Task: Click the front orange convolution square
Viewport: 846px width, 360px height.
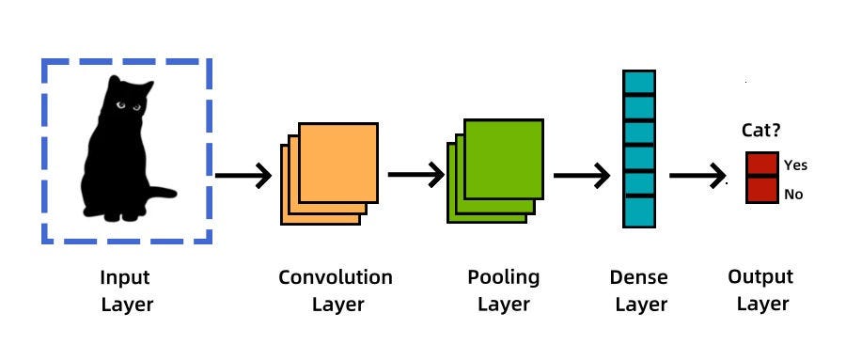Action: [338, 162]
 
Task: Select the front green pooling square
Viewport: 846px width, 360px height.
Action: [504, 158]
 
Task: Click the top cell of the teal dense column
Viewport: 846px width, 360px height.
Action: [638, 82]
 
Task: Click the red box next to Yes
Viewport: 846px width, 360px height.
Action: [761, 164]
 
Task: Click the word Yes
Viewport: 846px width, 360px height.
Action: [795, 165]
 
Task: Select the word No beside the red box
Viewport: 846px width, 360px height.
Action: [793, 195]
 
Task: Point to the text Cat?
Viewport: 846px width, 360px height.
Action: [761, 133]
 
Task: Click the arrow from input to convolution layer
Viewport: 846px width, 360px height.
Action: [243, 175]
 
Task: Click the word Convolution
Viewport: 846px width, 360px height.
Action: [336, 277]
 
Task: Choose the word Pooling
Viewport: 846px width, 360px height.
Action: [504, 277]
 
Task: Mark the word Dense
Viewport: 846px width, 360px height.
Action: [638, 277]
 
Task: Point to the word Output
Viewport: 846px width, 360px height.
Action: [760, 277]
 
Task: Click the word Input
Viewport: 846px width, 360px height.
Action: [125, 277]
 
